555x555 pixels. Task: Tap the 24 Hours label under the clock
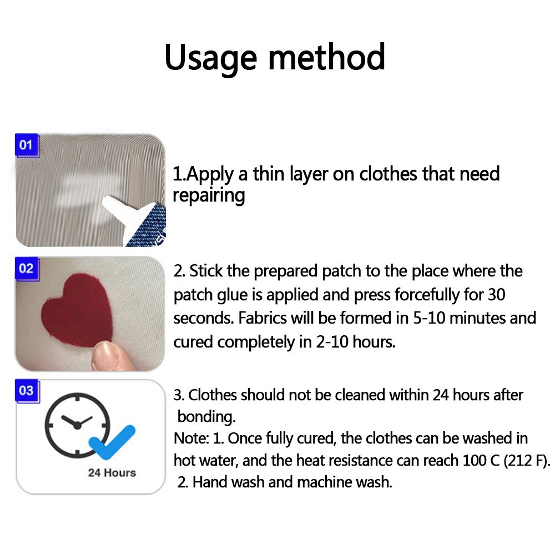pyautogui.click(x=112, y=473)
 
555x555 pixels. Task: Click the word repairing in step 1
pyautogui.click(x=209, y=196)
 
